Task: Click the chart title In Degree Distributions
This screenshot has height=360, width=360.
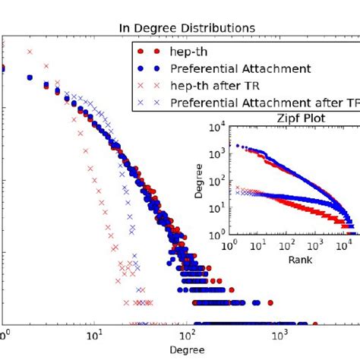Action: [186, 28]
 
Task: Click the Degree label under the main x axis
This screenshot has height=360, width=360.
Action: [186, 352]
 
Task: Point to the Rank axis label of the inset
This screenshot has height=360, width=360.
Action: [292, 260]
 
